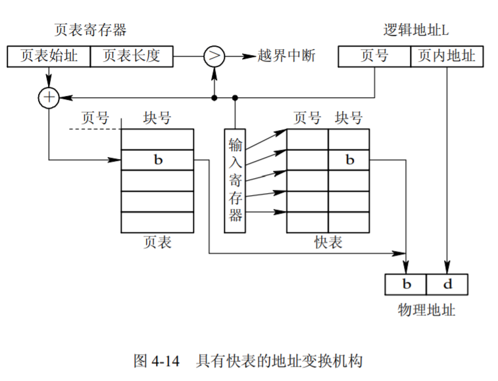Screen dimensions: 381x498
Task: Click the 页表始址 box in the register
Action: pos(48,56)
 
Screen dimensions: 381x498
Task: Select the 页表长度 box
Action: pos(132,56)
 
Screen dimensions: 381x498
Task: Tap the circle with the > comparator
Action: pos(213,56)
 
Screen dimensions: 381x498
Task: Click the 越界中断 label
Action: pos(287,56)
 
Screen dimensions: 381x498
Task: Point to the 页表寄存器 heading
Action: pos(90,30)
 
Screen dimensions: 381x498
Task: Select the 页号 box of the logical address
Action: pos(374,56)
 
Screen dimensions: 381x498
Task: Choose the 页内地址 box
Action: pos(447,56)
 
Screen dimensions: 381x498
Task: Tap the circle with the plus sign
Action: pos(49,97)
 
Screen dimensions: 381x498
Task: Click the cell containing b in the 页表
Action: pos(158,160)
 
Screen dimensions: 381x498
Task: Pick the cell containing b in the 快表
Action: pos(349,160)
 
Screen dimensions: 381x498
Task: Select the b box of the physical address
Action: pos(406,284)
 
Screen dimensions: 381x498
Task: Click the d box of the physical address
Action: pos(447,284)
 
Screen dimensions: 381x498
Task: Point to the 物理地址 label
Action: pos(426,310)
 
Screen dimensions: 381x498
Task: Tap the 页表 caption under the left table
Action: pos(157,242)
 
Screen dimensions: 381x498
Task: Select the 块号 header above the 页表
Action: pos(157,118)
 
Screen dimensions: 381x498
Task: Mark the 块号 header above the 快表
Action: pos(349,118)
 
